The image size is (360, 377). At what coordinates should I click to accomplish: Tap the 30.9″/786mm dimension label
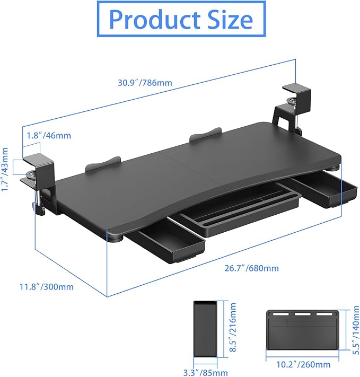[x=145, y=83]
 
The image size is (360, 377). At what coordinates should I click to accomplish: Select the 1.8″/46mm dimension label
[x=48, y=135]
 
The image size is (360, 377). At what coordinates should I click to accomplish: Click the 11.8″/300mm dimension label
[x=47, y=287]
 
